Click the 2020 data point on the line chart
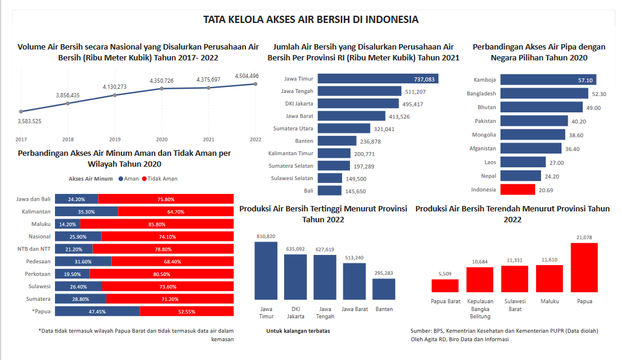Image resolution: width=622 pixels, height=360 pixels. tap(161, 89)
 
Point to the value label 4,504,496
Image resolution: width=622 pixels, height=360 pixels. tap(247, 76)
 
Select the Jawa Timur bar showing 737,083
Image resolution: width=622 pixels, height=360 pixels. tap(378, 79)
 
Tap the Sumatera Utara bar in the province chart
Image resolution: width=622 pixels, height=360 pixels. tap(343, 129)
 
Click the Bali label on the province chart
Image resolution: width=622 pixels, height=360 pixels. tap(308, 191)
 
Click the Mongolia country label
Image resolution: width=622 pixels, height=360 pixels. tap(485, 135)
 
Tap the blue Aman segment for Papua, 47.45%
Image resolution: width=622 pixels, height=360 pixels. tap(97, 312)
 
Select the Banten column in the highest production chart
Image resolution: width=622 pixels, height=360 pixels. tap(384, 289)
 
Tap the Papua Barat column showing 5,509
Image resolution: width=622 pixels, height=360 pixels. tap(445, 286)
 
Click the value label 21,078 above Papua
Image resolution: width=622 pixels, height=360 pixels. tap(585, 237)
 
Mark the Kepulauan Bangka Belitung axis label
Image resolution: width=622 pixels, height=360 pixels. tap(480, 309)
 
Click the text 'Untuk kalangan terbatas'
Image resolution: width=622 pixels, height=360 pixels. tap(298, 331)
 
